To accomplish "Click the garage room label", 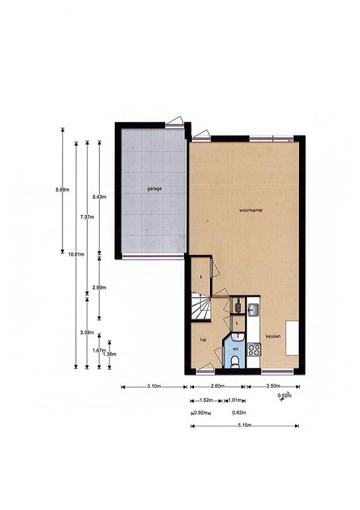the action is pyautogui.click(x=155, y=189).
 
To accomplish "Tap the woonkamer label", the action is pyautogui.click(x=251, y=210).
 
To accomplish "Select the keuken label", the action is pyautogui.click(x=273, y=336).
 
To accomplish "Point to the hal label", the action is pyautogui.click(x=203, y=339).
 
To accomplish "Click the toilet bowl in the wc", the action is pyautogui.click(x=234, y=362).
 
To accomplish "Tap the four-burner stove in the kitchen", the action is pyautogui.click(x=254, y=350).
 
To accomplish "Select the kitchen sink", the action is pyautogui.click(x=253, y=310).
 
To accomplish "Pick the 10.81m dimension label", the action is pyautogui.click(x=76, y=254).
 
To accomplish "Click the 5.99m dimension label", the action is pyautogui.click(x=62, y=190).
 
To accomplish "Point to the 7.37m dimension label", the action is pyautogui.click(x=87, y=217).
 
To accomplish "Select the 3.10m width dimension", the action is pyautogui.click(x=154, y=386).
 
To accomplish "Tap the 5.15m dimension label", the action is pyautogui.click(x=244, y=426).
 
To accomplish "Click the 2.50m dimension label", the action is pyautogui.click(x=273, y=386).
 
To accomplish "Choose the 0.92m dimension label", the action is pyautogui.click(x=201, y=413).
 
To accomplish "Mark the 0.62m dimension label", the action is pyautogui.click(x=239, y=413).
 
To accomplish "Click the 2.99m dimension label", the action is pyautogui.click(x=99, y=288).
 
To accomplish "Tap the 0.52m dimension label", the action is pyautogui.click(x=284, y=396).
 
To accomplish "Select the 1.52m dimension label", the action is pyautogui.click(x=206, y=400).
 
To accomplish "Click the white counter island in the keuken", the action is pyautogui.click(x=292, y=338).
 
